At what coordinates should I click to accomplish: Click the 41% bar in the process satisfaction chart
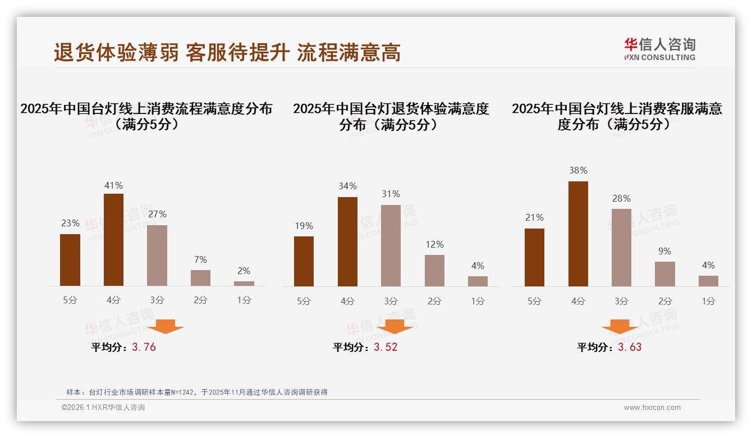click(114, 240)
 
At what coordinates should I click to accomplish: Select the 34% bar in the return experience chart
click(347, 241)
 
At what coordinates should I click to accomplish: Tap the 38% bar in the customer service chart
click(578, 234)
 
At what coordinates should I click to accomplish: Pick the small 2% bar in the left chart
click(244, 284)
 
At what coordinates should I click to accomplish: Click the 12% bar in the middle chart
click(434, 271)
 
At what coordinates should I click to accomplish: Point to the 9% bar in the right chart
click(665, 274)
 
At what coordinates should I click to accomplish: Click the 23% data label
click(70, 223)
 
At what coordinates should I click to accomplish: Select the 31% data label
click(391, 194)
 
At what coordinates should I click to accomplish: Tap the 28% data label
click(621, 198)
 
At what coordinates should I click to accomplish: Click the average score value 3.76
click(144, 347)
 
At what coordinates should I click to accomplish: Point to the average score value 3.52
click(386, 347)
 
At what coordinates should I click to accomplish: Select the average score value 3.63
click(630, 347)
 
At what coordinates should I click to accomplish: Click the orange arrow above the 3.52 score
click(395, 326)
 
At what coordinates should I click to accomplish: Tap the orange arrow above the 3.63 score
click(620, 326)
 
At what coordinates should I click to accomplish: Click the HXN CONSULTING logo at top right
click(659, 49)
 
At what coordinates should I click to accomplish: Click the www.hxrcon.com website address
click(652, 408)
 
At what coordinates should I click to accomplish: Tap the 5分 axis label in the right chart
click(534, 301)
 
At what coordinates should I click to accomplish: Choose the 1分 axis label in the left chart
click(244, 300)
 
